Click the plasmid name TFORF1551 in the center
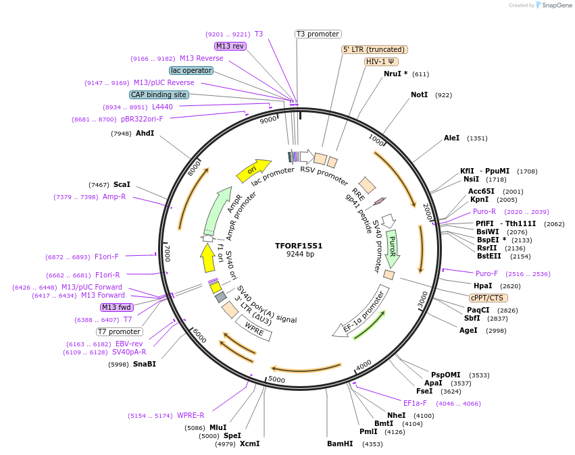click(299, 246)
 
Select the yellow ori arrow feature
click(253, 170)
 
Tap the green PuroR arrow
click(392, 248)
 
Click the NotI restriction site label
click(419, 95)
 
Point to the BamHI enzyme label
click(340, 444)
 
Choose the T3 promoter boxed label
click(318, 34)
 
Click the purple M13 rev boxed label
click(230, 46)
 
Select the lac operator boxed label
click(191, 70)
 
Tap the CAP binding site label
click(159, 95)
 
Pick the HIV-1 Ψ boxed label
click(381, 61)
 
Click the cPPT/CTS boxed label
click(489, 298)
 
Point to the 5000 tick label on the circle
click(276, 379)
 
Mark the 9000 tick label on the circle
click(268, 119)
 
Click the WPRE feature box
click(254, 328)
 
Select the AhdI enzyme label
click(145, 133)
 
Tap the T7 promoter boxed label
click(119, 331)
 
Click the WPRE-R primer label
click(191, 415)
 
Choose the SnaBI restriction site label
click(145, 364)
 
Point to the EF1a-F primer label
click(415, 403)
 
